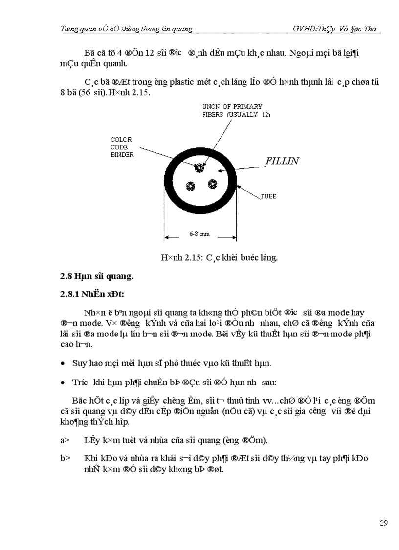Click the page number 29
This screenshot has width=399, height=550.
click(383, 523)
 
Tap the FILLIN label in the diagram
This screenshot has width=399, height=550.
click(282, 161)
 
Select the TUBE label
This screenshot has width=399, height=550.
click(268, 196)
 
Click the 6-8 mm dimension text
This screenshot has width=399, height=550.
click(199, 234)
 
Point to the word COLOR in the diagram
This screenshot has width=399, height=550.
click(121, 140)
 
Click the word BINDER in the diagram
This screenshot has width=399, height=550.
click(122, 154)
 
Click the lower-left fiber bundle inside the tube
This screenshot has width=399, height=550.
click(190, 186)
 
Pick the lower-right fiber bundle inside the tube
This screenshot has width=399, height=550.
click(212, 184)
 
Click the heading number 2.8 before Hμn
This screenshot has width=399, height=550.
click(66, 276)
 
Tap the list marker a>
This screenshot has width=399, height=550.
click(65, 440)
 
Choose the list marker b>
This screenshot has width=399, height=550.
click(65, 458)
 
